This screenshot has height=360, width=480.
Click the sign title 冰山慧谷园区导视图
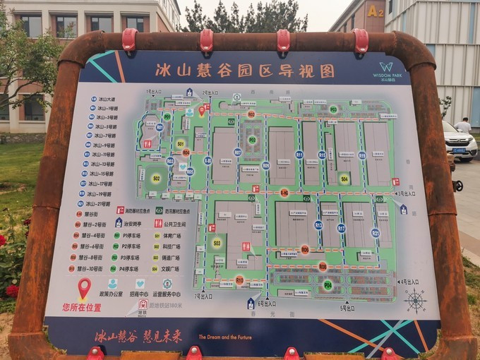pos(245,71)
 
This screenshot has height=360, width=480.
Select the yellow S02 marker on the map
pos(156,179)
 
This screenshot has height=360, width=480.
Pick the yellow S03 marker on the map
pos(217,243)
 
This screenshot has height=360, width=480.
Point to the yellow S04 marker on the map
pos(344,179)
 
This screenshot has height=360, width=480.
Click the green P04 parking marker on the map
pos(328,285)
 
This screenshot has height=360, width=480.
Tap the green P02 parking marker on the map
pos(333,109)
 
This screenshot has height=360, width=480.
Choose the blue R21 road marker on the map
pos(375,232)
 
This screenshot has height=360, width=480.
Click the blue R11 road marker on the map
pos(299,154)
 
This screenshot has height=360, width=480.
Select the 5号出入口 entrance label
pos(347,308)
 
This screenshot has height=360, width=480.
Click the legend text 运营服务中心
pos(167,294)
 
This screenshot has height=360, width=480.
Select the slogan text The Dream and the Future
pos(225,337)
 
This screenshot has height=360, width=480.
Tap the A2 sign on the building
pos(375,11)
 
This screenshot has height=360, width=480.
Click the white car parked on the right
pos(459,142)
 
